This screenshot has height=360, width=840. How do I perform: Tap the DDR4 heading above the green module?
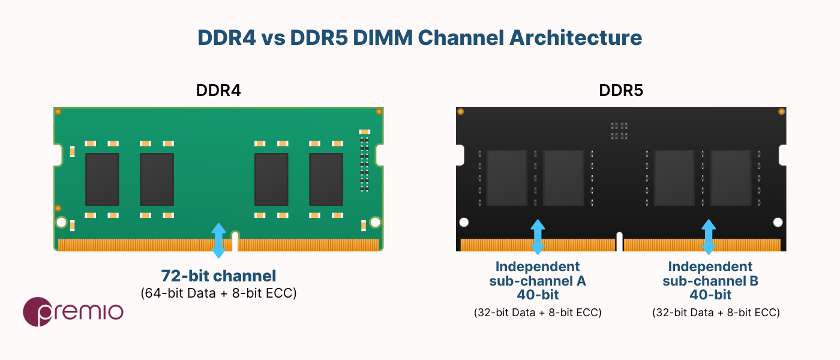218,91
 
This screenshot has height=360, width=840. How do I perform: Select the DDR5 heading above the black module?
621,91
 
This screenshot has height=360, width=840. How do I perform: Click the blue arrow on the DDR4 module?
218,241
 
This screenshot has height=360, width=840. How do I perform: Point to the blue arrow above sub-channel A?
538,237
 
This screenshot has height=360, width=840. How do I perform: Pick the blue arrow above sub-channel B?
709,237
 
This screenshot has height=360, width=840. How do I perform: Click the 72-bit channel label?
218,276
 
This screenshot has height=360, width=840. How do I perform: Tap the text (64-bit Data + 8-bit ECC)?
218,293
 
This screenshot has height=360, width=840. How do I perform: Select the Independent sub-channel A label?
538,281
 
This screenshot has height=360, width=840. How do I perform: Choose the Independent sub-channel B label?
710,281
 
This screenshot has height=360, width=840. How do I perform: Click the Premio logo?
73,312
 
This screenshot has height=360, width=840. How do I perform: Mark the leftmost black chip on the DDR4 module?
102,179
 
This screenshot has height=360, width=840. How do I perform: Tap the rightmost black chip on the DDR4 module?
326,179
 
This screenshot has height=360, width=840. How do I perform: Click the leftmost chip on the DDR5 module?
506,178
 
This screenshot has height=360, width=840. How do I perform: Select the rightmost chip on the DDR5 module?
731,178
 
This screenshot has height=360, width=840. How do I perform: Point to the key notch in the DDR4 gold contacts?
235,241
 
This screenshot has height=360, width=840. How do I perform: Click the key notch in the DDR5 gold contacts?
619,242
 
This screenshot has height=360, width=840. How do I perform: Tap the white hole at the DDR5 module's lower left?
464,223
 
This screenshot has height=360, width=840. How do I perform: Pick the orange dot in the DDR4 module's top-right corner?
379,112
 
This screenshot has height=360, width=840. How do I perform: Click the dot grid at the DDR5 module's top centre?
619,131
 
